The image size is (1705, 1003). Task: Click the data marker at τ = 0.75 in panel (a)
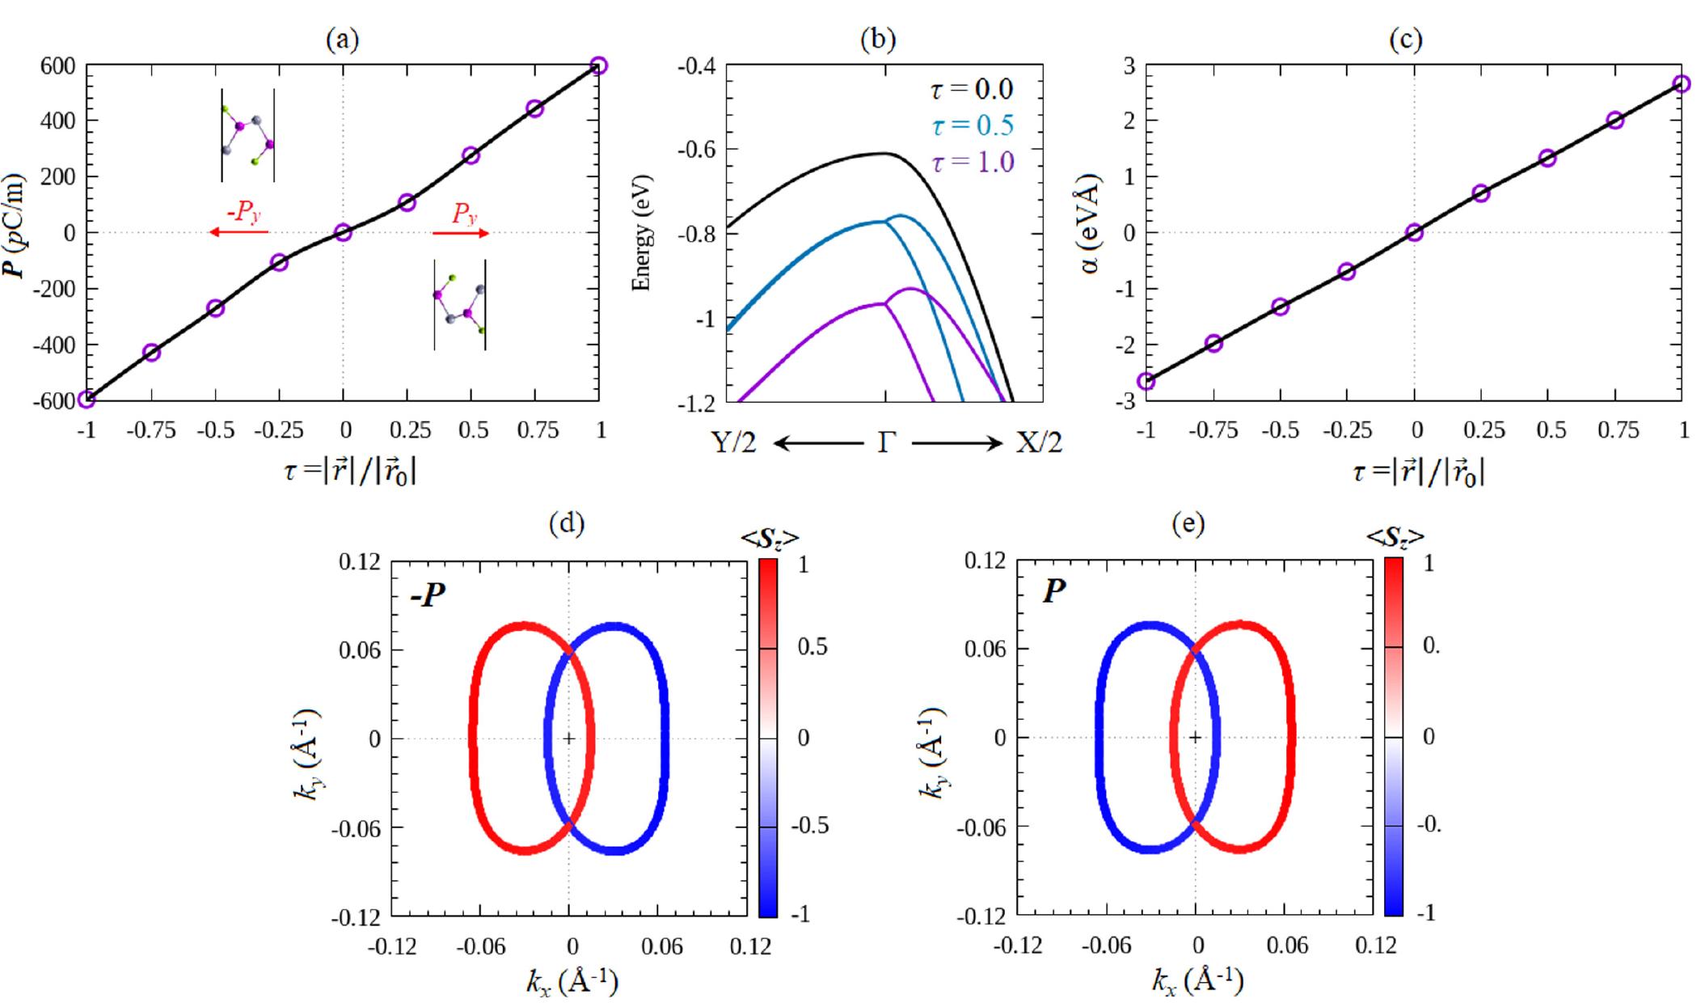(534, 108)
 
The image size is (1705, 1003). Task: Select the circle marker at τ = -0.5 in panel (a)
(215, 308)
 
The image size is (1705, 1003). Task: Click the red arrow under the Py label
(461, 233)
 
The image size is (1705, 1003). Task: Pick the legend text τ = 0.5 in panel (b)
(972, 125)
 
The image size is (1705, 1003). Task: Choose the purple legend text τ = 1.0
(972, 162)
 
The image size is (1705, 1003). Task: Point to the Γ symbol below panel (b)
(887, 443)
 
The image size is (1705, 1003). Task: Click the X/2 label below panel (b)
(1038, 443)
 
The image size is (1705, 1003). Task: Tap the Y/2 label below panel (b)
(734, 443)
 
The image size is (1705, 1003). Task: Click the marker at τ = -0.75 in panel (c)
(1213, 343)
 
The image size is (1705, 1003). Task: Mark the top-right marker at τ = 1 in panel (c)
(1682, 84)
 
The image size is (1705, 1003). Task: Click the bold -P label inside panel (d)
(428, 598)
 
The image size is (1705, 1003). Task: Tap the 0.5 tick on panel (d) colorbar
(812, 648)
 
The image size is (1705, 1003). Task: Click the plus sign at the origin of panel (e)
(1195, 737)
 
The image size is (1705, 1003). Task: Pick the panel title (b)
(878, 39)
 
